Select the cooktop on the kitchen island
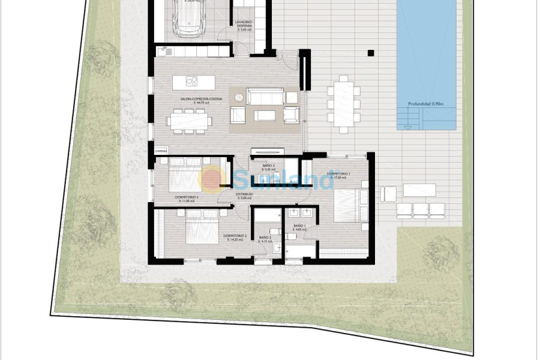click(x=192, y=82)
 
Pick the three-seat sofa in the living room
click(x=265, y=96)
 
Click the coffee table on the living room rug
click(x=264, y=115)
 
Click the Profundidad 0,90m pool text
click(x=425, y=104)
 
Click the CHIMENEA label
click(x=160, y=151)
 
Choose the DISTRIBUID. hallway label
click(x=244, y=195)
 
